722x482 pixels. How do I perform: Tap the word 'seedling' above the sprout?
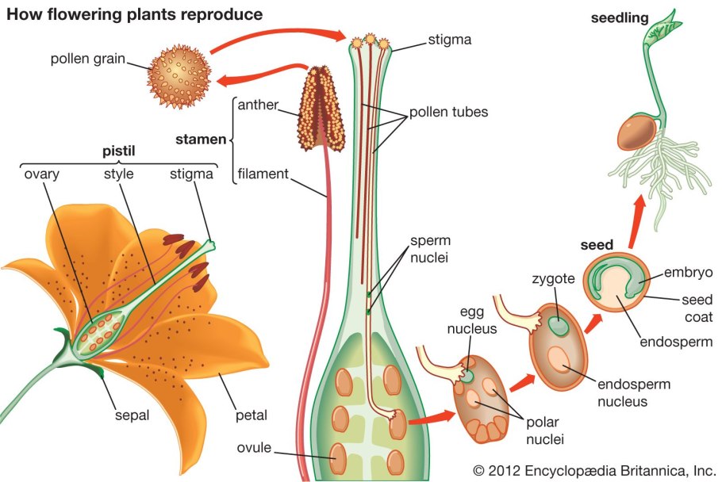620,17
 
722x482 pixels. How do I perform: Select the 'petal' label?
250,414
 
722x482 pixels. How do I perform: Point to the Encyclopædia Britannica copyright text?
591,469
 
